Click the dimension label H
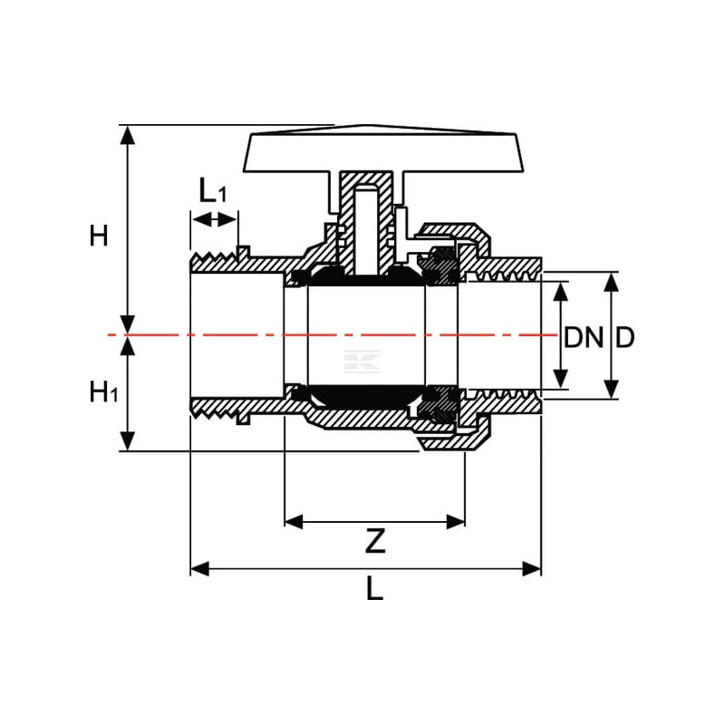(99, 236)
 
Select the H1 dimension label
(104, 392)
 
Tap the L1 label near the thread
(213, 190)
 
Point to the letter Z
(375, 541)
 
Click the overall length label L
(374, 589)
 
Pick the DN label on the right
(584, 337)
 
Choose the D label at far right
(624, 337)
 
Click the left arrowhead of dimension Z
(294, 522)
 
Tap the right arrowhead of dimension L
(532, 569)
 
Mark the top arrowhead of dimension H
(128, 134)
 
